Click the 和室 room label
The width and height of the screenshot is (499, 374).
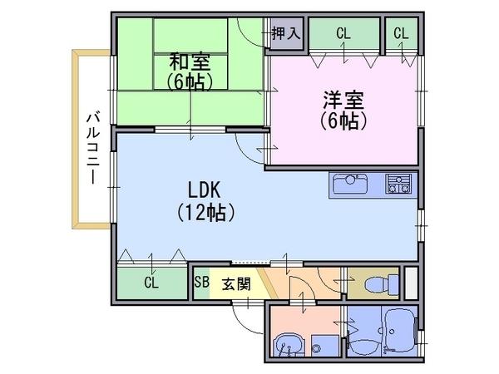190,62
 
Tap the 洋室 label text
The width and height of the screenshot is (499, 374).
343,101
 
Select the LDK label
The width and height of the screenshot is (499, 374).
204,190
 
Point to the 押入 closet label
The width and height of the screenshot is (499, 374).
286,33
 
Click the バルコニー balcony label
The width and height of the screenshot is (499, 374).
93,148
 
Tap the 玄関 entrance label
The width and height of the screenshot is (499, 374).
236,284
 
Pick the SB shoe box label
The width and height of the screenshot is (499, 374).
202,282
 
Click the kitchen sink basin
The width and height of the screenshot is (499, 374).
350,184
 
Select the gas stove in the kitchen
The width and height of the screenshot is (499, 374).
398,184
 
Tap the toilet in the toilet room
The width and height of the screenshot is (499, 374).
382,283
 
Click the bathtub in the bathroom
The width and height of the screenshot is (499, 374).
401,332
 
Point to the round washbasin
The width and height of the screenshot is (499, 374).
287,345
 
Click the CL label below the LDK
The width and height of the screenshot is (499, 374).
151,282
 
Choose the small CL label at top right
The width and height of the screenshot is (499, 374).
401,33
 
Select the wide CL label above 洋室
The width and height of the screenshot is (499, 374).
343,33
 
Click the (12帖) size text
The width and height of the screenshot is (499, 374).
205,213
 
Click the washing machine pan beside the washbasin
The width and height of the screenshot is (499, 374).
325,346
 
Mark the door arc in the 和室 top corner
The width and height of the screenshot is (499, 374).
249,36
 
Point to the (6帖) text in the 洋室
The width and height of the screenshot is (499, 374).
343,121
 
